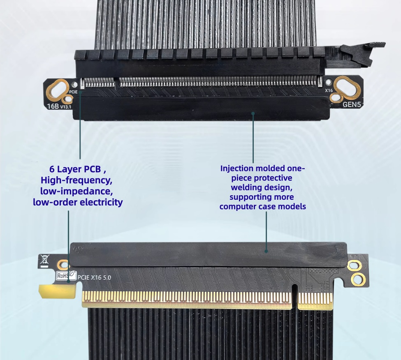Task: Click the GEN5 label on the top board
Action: click(x=351, y=104)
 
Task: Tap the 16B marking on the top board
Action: click(x=53, y=106)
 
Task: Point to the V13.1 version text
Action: click(x=66, y=107)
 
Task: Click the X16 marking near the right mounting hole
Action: click(x=329, y=90)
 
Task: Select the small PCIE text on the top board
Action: click(x=73, y=92)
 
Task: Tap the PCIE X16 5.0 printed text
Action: click(x=94, y=277)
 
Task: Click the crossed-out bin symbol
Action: click(x=44, y=260)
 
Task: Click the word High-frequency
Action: click(x=76, y=180)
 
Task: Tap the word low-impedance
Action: click(x=76, y=191)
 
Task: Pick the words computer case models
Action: click(x=263, y=206)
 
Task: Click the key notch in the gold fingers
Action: click(x=294, y=296)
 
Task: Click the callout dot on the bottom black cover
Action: click(x=266, y=251)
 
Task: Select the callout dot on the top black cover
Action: click(x=253, y=113)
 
